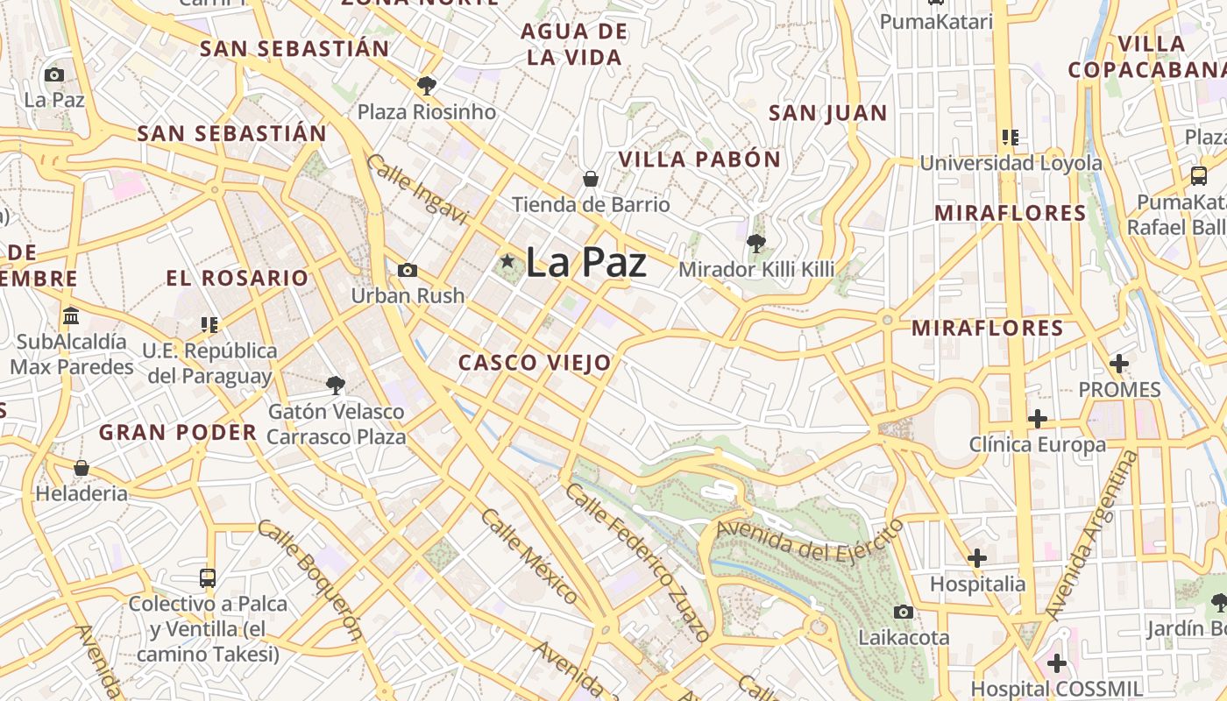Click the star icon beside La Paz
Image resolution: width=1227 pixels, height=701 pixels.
coord(507,260)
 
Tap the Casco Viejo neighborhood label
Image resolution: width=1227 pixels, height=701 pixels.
coord(535,363)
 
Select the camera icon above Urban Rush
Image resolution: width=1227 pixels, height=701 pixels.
coord(408,270)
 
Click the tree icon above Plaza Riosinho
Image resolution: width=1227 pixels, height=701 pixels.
coord(427,85)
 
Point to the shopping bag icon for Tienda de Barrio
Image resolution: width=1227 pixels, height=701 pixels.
coord(591,179)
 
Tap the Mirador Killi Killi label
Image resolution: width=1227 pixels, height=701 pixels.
coord(756,269)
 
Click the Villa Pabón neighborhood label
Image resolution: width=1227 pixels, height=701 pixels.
coord(699,159)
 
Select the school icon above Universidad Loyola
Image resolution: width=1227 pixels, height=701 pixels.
coord(1011,138)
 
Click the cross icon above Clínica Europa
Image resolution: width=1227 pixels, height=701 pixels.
coord(1038,419)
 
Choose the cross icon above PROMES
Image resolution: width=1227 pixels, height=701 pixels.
coord(1119,363)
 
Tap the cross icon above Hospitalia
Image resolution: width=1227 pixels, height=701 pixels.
coord(977,557)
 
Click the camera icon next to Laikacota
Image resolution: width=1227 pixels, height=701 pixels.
coord(904,612)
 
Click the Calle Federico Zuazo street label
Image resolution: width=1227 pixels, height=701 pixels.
coord(636,562)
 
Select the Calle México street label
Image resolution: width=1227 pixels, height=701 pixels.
coord(529,556)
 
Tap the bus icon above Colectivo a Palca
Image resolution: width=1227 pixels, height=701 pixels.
coord(208,578)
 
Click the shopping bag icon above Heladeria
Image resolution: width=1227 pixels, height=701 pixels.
coord(82,468)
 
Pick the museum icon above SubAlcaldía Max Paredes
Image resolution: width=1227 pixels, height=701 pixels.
coord(71,315)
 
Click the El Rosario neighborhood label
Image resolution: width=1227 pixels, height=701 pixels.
coord(238,279)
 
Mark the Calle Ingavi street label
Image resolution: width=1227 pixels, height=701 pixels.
coord(417,189)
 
